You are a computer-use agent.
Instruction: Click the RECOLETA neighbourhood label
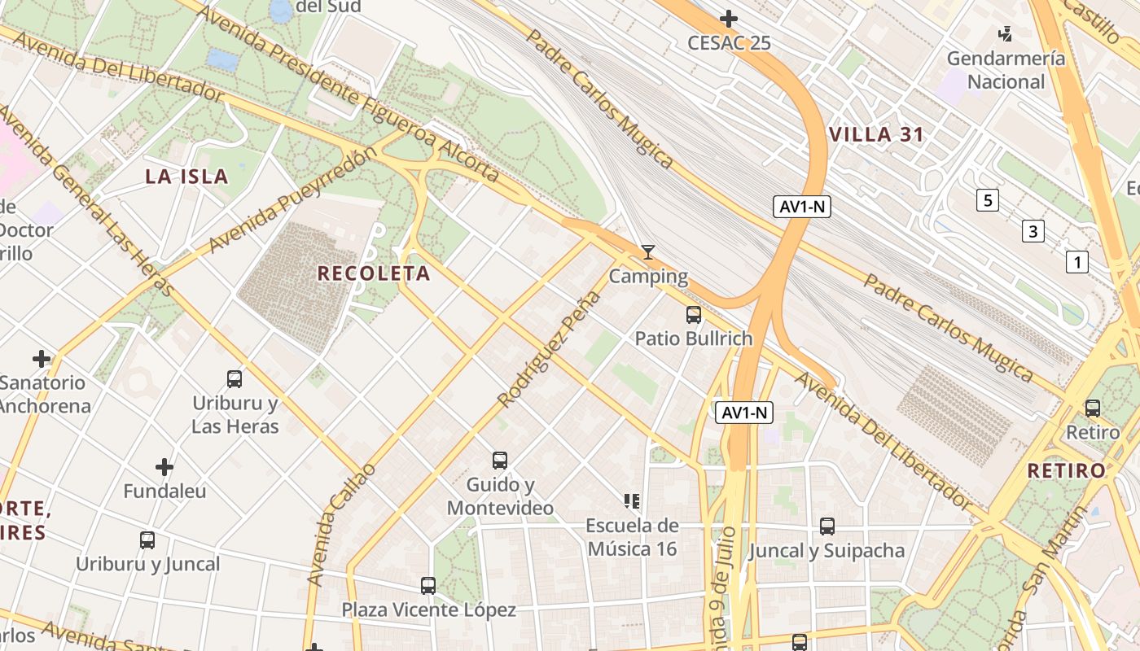(x=374, y=273)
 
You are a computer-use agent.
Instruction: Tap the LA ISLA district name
(x=186, y=177)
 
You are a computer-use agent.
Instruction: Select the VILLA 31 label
(x=876, y=135)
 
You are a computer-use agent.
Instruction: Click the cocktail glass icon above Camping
(x=648, y=252)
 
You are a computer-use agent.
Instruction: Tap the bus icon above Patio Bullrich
(x=694, y=314)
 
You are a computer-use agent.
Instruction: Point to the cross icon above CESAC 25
(x=729, y=18)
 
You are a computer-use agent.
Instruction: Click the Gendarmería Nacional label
(x=1006, y=70)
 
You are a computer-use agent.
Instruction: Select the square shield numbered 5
(x=988, y=200)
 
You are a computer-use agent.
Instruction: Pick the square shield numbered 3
(x=1033, y=232)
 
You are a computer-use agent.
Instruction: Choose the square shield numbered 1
(x=1077, y=262)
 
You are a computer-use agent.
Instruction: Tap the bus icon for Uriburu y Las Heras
(x=235, y=378)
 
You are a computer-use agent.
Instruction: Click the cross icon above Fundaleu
(x=164, y=467)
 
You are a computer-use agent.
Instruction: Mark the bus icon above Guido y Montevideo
(x=500, y=461)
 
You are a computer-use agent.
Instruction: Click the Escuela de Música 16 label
(x=632, y=537)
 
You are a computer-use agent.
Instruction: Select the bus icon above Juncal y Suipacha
(x=827, y=526)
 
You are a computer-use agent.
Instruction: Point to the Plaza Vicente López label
(x=428, y=609)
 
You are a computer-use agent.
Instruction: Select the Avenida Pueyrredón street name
(x=293, y=199)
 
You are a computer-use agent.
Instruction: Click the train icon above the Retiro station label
(x=1093, y=408)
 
